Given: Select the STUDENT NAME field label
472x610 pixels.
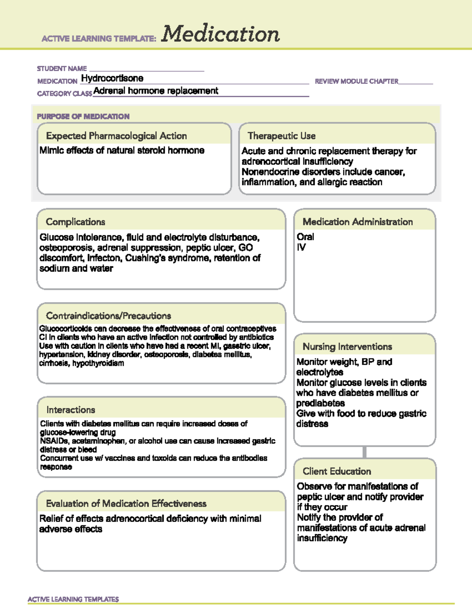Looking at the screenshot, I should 62,69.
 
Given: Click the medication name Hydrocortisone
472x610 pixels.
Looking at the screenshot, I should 112,78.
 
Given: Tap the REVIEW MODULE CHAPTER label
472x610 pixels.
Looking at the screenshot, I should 356,81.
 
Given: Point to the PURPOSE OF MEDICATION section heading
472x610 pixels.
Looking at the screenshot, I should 83,116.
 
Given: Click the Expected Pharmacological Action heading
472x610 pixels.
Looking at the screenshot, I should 116,136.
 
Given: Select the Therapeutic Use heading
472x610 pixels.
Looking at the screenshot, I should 282,136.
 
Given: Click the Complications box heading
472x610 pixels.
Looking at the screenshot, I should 76,222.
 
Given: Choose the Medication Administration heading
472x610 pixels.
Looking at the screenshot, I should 358,222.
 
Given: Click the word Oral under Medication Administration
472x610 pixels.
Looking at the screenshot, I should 305,237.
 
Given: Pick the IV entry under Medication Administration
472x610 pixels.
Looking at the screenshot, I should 301,247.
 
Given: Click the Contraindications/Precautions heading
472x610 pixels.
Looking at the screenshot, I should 109,316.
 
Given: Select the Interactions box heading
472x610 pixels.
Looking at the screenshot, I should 71,410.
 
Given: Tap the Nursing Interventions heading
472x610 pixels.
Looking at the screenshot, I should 347,346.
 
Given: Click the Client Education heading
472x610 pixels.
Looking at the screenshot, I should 337,471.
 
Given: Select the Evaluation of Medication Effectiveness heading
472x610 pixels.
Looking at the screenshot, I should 126,504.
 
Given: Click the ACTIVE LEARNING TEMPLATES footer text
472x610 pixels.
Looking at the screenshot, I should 73,599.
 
